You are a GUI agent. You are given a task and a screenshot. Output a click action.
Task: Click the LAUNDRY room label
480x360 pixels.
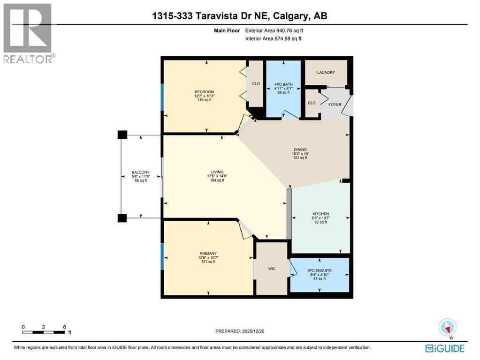[326, 73]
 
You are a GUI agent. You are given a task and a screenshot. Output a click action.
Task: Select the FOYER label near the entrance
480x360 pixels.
[335, 105]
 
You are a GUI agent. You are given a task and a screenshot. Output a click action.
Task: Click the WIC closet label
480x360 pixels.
[271, 269]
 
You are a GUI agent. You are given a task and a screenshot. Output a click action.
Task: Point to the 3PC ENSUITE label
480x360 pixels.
[320, 270]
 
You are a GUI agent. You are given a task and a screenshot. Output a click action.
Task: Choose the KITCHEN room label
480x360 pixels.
[320, 214]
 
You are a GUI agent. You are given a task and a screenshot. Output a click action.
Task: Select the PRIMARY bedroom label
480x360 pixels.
[208, 253]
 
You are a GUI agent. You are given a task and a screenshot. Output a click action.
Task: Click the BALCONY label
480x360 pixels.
[140, 172]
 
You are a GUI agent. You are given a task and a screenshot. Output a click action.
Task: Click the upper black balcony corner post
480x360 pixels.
[122, 135]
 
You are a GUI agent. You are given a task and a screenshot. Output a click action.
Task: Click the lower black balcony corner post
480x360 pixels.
[122, 218]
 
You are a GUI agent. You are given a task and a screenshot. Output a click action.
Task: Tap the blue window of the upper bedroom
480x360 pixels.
[162, 97]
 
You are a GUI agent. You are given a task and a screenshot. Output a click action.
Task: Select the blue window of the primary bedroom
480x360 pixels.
[162, 256]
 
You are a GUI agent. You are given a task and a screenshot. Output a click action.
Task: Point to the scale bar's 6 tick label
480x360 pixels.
[64, 327]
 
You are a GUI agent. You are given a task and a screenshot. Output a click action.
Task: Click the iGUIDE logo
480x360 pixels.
[444, 348]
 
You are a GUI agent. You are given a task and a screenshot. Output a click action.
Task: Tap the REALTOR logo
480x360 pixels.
[28, 33]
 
